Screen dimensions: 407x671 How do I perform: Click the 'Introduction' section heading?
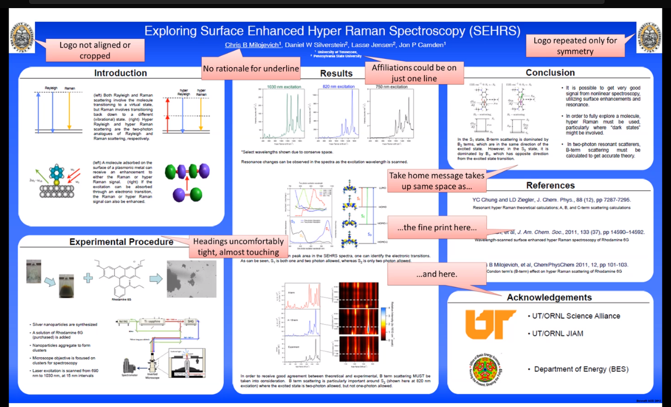pos(121,73)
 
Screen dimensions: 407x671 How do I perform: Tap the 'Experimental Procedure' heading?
pos(121,242)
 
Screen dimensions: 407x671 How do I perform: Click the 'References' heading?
pos(550,186)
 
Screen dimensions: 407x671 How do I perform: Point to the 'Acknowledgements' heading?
pos(549,297)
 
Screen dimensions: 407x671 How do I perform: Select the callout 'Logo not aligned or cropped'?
pos(95,50)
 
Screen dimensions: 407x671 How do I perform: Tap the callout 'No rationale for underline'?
pos(250,69)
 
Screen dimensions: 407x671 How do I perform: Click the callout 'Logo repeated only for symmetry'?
pos(575,46)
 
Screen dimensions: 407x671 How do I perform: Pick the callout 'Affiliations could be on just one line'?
pos(414,73)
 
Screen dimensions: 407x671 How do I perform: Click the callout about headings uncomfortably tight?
pos(238,247)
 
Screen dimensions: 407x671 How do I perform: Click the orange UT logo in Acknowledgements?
pos(490,324)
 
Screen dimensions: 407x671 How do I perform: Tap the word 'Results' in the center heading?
pos(336,74)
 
